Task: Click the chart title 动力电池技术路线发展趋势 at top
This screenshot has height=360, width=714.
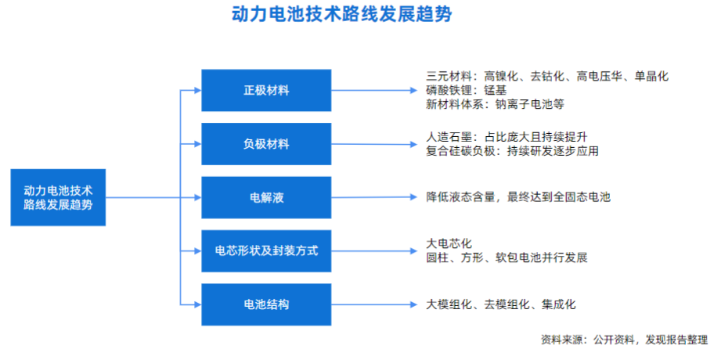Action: [x=341, y=14]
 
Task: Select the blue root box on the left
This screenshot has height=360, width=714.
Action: [x=58, y=197]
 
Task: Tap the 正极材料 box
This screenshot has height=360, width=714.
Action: [x=266, y=90]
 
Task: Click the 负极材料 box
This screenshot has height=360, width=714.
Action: [x=266, y=144]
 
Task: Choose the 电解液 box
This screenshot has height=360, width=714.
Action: [x=266, y=197]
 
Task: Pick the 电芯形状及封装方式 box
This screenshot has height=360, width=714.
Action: [x=266, y=250]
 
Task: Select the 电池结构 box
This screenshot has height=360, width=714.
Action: [x=266, y=304]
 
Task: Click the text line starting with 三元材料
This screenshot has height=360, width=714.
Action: [x=547, y=76]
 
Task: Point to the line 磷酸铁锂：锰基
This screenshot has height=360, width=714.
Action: [x=467, y=90]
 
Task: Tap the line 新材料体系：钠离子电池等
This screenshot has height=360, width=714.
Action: [x=495, y=104]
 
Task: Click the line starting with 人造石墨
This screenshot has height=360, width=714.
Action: [x=507, y=137]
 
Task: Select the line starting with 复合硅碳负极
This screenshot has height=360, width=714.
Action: [x=512, y=151]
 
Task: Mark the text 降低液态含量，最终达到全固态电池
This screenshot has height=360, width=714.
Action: [x=518, y=197]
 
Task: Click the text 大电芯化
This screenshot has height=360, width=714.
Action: [x=449, y=243]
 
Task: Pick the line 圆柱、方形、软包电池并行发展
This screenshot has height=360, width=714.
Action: [x=507, y=257]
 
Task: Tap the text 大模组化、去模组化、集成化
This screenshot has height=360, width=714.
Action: [x=501, y=304]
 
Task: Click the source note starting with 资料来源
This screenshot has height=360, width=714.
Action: [x=624, y=340]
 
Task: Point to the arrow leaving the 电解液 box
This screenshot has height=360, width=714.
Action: [x=374, y=197]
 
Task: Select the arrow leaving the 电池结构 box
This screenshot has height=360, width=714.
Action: [x=374, y=304]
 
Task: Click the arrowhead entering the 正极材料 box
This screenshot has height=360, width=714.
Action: [x=197, y=90]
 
